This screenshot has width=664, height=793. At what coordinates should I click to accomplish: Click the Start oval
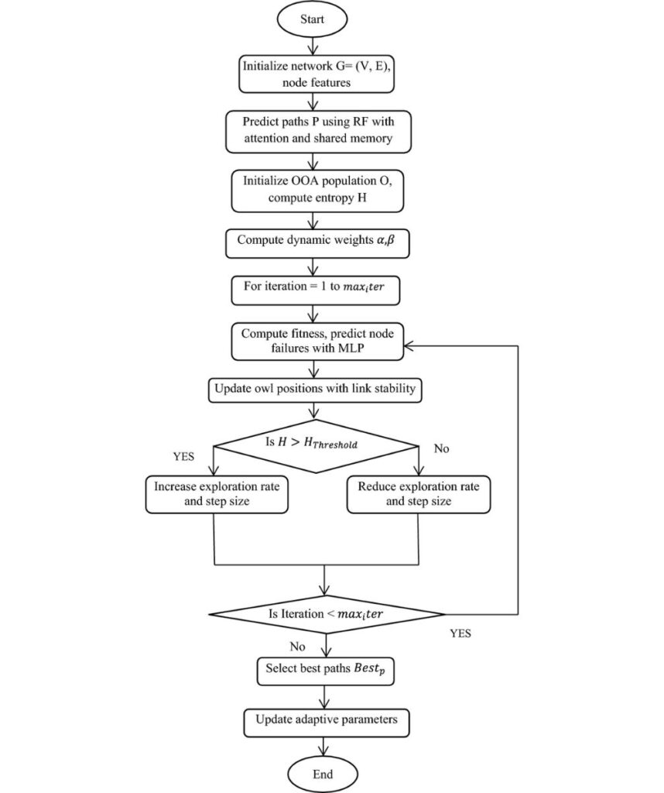point(313,19)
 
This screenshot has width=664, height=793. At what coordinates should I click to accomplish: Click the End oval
point(323,774)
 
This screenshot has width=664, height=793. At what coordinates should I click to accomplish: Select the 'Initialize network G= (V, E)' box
point(317,74)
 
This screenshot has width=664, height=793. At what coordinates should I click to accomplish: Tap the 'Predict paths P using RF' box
point(318,132)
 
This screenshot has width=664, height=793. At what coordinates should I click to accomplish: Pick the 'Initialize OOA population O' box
point(317,191)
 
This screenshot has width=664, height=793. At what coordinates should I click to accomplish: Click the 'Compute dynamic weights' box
point(317,244)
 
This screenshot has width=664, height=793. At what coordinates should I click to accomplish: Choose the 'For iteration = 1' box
point(315,290)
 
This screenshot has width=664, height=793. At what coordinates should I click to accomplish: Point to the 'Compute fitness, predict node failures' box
point(317,342)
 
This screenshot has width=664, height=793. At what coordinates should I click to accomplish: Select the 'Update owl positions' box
point(315,390)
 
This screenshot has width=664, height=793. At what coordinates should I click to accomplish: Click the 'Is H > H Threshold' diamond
point(316,446)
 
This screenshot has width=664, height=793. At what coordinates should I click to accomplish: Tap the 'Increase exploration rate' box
point(217,494)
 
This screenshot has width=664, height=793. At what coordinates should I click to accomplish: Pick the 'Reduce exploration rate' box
point(419,494)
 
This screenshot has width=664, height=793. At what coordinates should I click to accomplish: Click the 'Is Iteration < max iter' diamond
point(327,614)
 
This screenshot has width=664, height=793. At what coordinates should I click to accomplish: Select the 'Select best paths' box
point(326,671)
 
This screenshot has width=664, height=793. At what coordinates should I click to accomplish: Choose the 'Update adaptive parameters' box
point(327,723)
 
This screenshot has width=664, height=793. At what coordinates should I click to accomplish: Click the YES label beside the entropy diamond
point(183,456)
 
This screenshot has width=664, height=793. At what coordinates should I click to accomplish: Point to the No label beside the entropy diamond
point(441,448)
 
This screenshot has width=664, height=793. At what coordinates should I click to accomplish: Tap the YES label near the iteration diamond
point(460,633)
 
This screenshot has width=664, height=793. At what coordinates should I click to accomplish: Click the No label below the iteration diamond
point(297,647)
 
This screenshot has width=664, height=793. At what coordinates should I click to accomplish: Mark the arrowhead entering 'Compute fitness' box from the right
point(409,346)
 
